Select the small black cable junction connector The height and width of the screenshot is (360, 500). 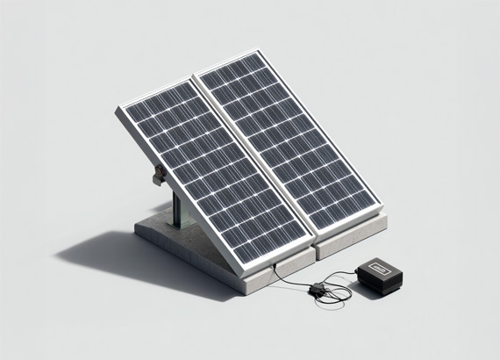pos(315,290)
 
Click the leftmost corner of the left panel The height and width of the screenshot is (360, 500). pos(118,108)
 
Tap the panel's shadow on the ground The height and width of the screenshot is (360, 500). pos(105,250)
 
